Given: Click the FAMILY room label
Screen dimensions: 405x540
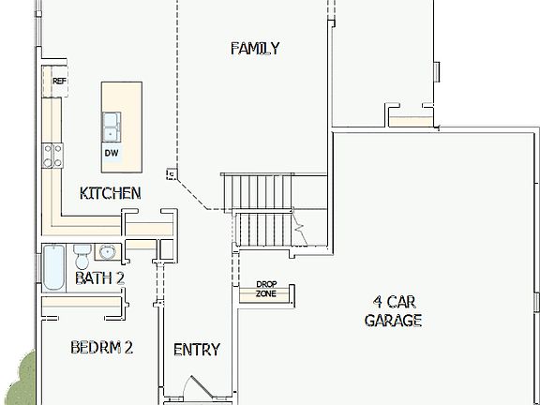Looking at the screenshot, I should click(255, 49).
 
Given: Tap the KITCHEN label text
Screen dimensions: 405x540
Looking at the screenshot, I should click(110, 193).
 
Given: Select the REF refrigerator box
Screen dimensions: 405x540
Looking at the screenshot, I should click(59, 82).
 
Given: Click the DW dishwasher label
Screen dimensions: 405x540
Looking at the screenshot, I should click(112, 152).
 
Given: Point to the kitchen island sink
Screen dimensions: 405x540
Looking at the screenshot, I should click(112, 121).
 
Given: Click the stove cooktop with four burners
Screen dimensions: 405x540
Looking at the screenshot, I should click(52, 155).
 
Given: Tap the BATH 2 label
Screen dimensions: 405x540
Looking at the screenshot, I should click(99, 277).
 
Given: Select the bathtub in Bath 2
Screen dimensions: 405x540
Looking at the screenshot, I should click(53, 268).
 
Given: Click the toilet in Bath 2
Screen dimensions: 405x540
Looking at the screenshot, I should click(82, 255).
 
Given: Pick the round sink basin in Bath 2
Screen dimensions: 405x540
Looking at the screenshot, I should click(106, 251).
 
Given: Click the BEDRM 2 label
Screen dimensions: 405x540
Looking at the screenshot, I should click(101, 348).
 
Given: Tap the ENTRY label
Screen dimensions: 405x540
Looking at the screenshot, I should click(197, 350).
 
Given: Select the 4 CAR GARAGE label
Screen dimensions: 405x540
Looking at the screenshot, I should click(393, 310).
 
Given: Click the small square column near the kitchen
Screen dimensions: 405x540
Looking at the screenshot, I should click(171, 173).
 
